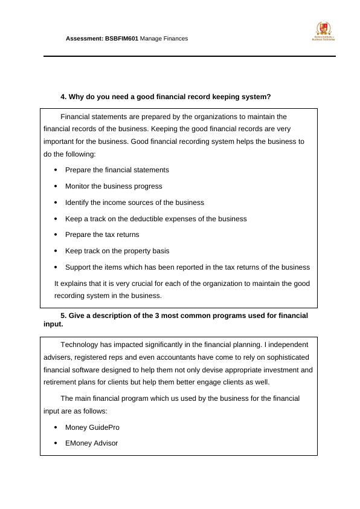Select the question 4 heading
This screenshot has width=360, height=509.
[166, 97]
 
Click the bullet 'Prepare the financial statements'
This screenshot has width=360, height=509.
[117, 170]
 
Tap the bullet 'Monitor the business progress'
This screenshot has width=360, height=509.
[114, 186]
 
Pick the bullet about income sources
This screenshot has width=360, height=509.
[135, 203]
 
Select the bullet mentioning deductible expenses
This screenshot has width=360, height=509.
[156, 219]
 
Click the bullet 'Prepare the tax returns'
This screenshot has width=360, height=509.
[102, 235]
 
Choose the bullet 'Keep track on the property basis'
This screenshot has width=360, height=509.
[117, 251]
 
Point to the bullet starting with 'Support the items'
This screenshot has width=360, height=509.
[187, 267]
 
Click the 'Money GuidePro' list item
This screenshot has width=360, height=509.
[92, 427]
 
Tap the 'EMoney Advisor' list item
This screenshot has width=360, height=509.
[91, 443]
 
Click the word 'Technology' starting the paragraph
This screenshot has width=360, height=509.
[78, 345]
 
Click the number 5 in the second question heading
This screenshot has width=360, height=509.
[63, 316]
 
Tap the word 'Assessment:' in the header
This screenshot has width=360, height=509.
[85, 38]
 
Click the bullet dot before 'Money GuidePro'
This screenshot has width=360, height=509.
[56, 427]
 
